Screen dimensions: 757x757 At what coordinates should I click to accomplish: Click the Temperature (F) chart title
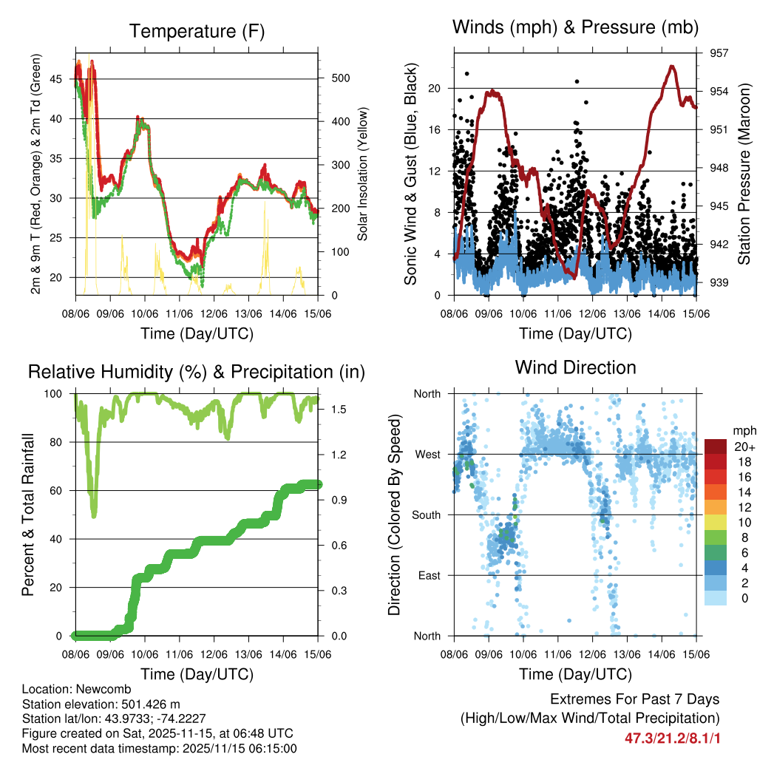point(197,31)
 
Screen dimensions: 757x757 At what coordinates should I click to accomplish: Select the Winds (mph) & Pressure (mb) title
point(575,27)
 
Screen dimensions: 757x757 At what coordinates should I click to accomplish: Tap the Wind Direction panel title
point(575,367)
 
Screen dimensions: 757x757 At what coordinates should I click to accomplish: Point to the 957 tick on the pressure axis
point(719,53)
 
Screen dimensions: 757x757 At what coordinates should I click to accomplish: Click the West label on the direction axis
point(427,454)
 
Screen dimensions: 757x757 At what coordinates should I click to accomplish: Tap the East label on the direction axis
point(428,575)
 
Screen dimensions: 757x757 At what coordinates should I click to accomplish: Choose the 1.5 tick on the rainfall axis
point(335,409)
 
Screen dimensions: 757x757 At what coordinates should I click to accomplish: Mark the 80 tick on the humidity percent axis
point(60,442)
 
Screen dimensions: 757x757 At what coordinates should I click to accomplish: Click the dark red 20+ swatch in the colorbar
point(716,447)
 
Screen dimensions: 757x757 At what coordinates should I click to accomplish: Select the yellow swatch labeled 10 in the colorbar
point(716,522)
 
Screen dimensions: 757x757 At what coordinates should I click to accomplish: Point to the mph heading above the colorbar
point(743,430)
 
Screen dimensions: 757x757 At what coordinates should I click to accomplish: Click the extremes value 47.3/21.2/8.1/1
point(672,738)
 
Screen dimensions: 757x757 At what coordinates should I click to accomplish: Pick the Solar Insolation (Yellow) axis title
point(362,174)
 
